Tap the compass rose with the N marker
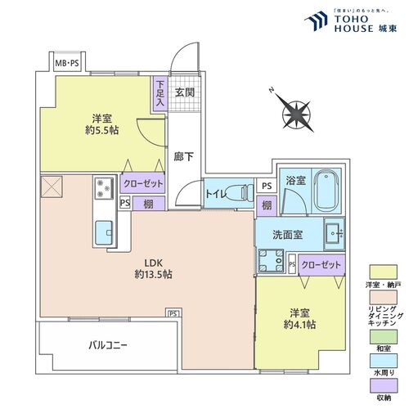pos(292,109)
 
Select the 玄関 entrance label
pos(183,92)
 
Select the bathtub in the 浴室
pos(329,191)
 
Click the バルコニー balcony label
pos(108,345)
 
